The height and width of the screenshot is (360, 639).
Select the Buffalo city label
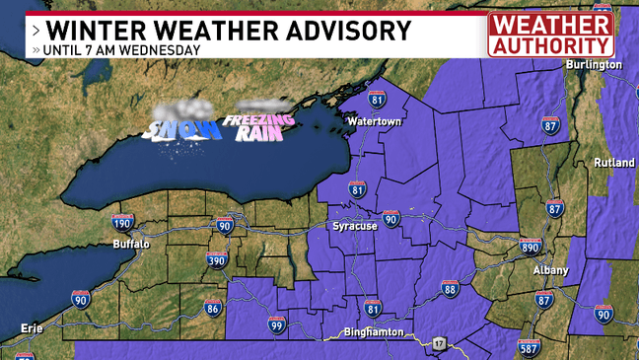[x=131, y=244]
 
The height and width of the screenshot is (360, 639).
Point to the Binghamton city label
[x=374, y=332]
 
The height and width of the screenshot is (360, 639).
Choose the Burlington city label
[x=594, y=64]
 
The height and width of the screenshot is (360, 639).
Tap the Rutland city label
[x=614, y=163]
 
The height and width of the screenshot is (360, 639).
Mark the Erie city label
[x=33, y=327]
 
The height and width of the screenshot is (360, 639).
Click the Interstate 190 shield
[x=122, y=223]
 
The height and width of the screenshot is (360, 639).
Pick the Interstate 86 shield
[x=213, y=309]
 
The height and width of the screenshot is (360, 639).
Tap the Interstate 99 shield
[x=277, y=324]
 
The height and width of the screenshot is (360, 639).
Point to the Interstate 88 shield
[x=450, y=288]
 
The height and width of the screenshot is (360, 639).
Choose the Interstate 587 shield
[x=529, y=348]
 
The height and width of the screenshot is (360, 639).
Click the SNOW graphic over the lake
[x=180, y=125]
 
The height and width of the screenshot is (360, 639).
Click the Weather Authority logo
[x=550, y=35]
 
